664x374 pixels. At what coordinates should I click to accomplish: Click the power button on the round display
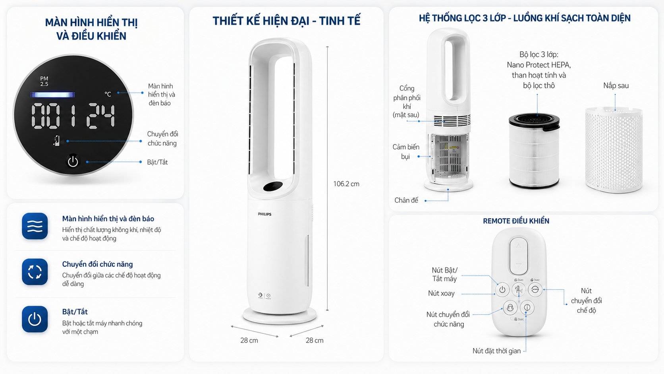(x=73, y=161)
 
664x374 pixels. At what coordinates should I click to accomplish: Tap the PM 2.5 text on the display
(x=44, y=81)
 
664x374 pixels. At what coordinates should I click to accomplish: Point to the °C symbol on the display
(x=108, y=94)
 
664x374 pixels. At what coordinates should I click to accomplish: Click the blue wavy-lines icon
(x=35, y=226)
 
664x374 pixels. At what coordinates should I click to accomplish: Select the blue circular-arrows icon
(x=35, y=272)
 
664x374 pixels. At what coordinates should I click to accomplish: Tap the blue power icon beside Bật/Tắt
(x=35, y=319)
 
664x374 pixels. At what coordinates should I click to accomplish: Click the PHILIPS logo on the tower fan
(x=264, y=214)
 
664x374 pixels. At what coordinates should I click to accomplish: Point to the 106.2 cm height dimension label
(x=346, y=184)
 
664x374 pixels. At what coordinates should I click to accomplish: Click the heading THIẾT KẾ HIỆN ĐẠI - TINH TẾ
(x=286, y=21)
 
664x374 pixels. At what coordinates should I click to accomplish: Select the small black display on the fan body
(x=272, y=186)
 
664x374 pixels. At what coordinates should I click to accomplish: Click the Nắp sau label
(x=616, y=85)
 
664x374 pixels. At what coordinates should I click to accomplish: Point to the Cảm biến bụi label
(x=405, y=151)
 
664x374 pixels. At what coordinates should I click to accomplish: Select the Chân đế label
(x=406, y=200)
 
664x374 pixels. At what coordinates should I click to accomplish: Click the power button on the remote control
(x=502, y=290)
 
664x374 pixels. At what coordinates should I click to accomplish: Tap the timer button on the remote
(x=527, y=307)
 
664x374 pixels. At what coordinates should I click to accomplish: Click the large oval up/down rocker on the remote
(x=518, y=256)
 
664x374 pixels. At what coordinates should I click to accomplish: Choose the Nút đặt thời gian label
(x=496, y=351)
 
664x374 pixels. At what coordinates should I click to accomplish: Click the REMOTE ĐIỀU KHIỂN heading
(x=516, y=221)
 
